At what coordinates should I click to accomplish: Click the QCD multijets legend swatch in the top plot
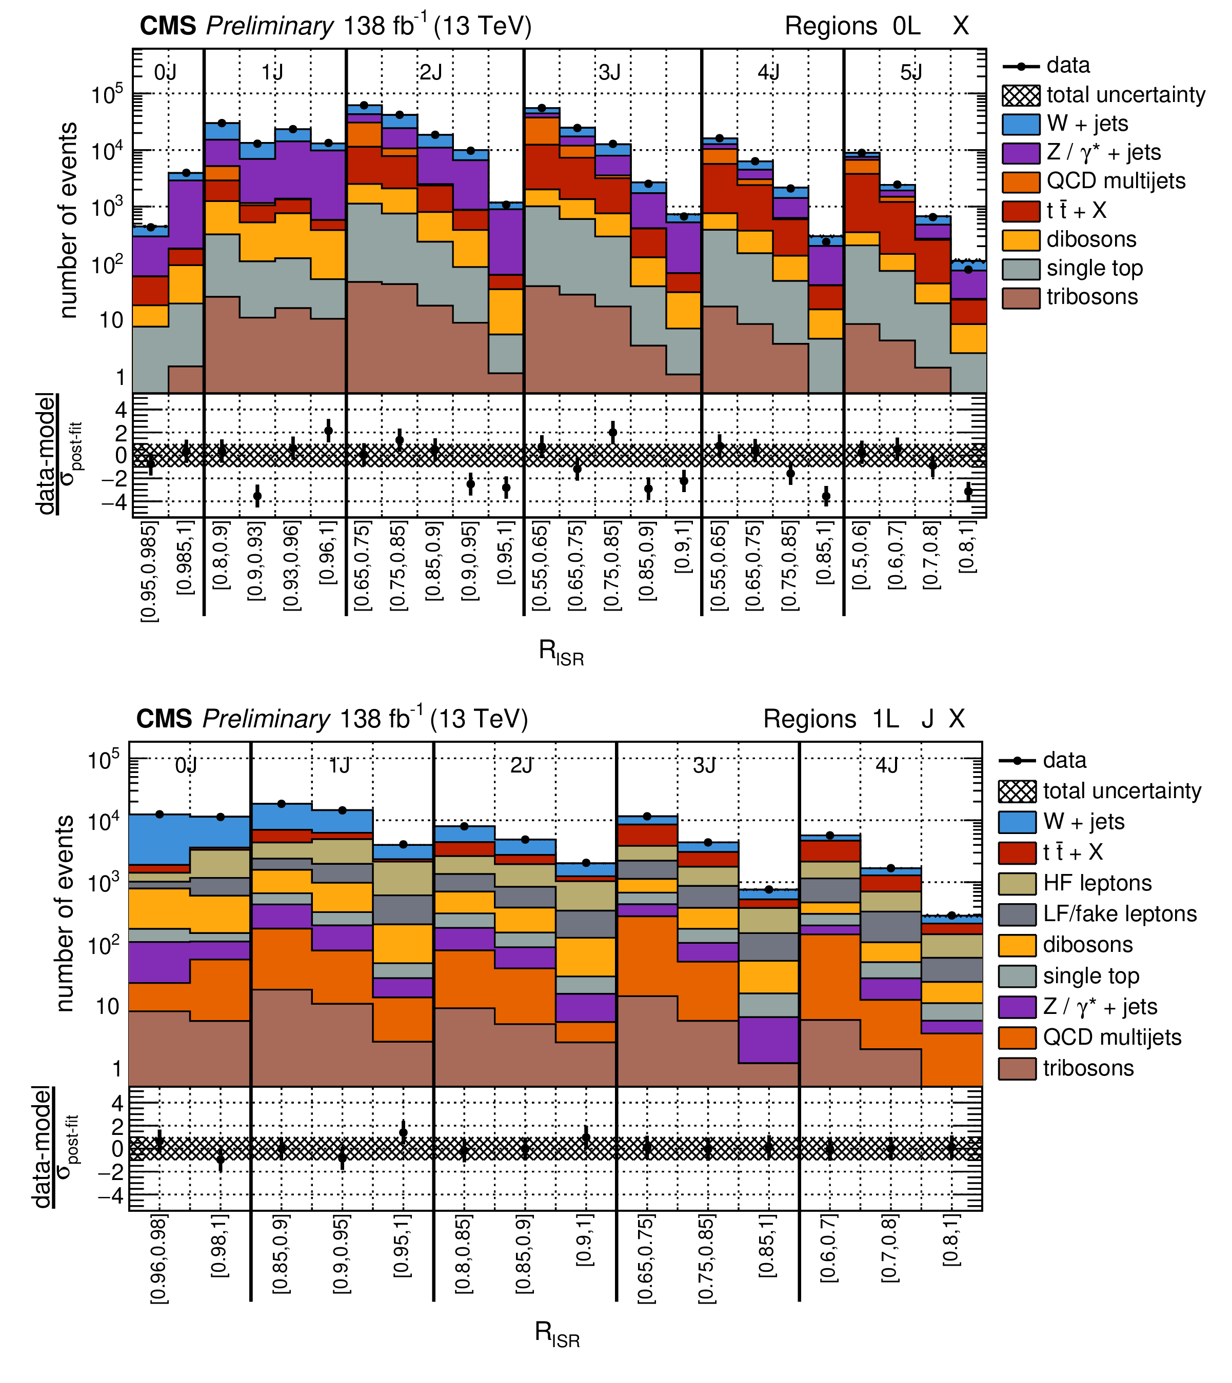click(1021, 181)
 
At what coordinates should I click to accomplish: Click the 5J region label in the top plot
click(911, 72)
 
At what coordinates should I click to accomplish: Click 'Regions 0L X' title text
click(877, 26)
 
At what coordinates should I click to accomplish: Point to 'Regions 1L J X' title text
click(864, 719)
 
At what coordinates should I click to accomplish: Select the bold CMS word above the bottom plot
click(164, 719)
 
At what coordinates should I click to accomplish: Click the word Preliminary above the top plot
click(269, 26)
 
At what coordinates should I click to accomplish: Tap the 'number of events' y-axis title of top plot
click(68, 220)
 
